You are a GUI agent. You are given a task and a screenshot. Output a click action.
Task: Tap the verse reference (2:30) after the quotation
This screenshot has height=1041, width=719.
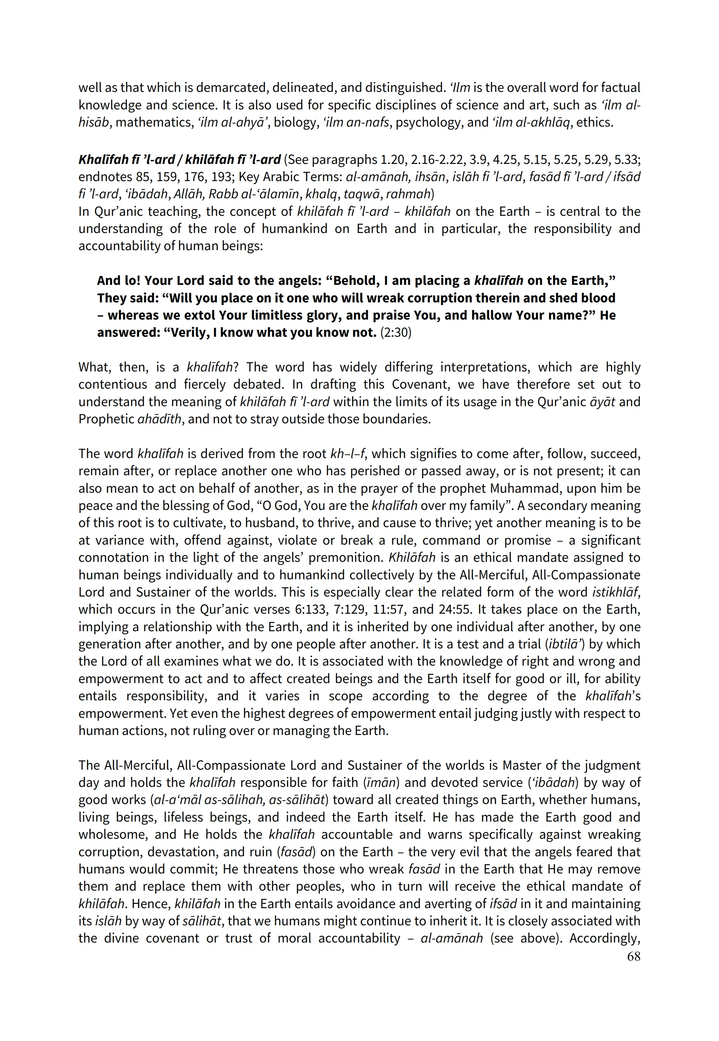(x=396, y=333)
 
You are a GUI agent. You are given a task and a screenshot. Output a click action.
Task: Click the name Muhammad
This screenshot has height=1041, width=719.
(x=525, y=488)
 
